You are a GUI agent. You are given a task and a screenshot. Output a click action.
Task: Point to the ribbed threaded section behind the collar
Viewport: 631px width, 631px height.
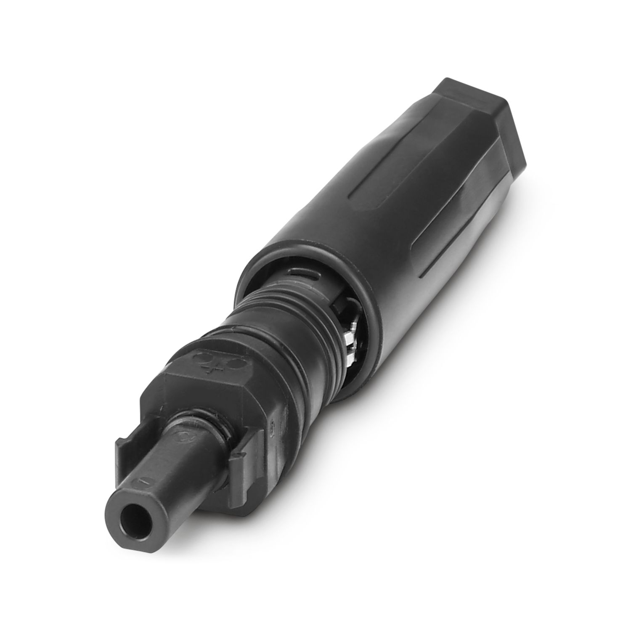point(294,320)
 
